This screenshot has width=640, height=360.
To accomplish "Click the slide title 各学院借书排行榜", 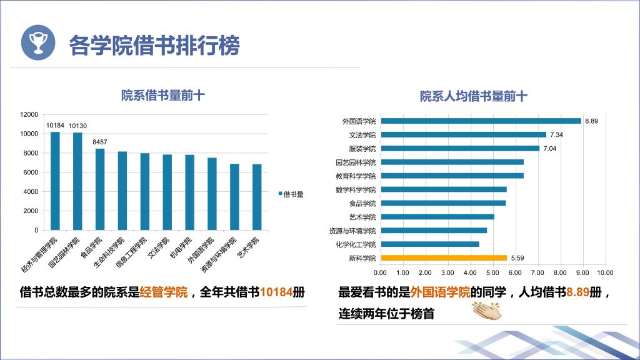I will pyautogui.click(x=154, y=45).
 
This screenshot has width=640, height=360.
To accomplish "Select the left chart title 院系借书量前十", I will pyautogui.click(x=163, y=96).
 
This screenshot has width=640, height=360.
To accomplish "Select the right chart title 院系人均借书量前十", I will pyautogui.click(x=473, y=96).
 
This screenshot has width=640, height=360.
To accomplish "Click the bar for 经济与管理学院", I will pyautogui.click(x=56, y=181).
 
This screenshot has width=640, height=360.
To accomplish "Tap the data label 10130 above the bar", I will pyautogui.click(x=77, y=126).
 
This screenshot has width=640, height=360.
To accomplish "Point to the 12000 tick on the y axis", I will pyautogui.click(x=29, y=114).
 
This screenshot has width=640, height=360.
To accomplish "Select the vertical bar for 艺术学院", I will pyautogui.click(x=257, y=197).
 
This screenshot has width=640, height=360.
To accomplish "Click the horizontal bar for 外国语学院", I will pyautogui.click(x=480, y=121).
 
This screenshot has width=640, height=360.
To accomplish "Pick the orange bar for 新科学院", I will pyautogui.click(x=443, y=257).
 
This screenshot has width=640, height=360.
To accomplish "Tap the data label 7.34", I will pyautogui.click(x=556, y=135).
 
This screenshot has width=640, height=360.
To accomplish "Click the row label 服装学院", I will pyautogui.click(x=362, y=149).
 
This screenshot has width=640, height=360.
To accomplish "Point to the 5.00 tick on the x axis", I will pyautogui.click(x=492, y=272).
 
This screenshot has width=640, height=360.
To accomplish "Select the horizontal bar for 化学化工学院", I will pyautogui.click(x=429, y=244).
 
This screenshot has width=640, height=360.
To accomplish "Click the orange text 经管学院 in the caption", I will pyautogui.click(x=164, y=292).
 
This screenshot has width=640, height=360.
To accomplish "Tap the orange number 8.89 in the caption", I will pyautogui.click(x=578, y=292).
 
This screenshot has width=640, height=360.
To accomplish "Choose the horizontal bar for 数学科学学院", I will pyautogui.click(x=443, y=189).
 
